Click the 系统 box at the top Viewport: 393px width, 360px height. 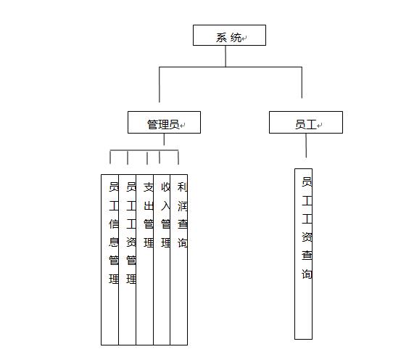[x=229, y=35]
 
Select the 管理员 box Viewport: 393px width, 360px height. [x=164, y=122]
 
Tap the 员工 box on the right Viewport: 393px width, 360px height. [x=306, y=122]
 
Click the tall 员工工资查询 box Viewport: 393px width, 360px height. [x=303, y=254]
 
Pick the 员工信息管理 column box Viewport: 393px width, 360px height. [x=109, y=260]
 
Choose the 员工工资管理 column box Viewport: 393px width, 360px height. [x=128, y=260]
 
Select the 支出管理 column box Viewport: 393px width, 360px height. [x=144, y=260]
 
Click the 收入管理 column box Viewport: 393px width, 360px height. [x=162, y=260]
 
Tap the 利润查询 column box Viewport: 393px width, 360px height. [x=178, y=260]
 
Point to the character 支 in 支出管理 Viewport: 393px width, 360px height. [x=149, y=187]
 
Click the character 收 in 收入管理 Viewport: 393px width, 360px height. [x=165, y=187]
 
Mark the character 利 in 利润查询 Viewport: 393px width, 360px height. [x=182, y=187]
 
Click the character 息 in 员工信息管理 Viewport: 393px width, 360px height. [x=114, y=242]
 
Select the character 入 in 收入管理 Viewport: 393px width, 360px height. [x=165, y=205]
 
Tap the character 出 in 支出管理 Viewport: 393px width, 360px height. [x=149, y=205]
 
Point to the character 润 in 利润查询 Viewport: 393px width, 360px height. [x=182, y=205]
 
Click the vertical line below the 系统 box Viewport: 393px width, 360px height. [x=226, y=56]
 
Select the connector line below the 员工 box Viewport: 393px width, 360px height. [x=306, y=145]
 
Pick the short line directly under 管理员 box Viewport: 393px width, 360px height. [x=164, y=139]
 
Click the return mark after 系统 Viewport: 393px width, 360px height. [x=244, y=38]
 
